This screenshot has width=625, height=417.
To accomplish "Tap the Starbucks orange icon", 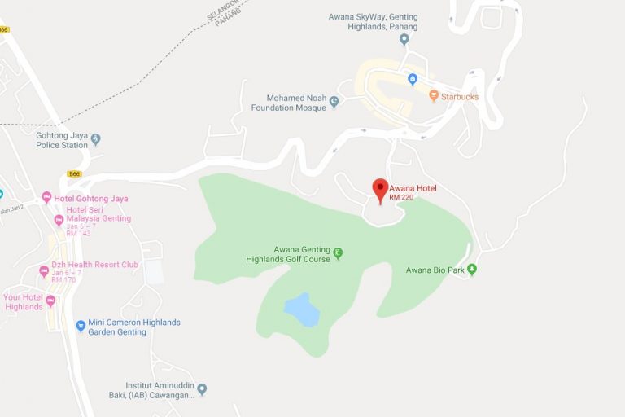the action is (434, 96).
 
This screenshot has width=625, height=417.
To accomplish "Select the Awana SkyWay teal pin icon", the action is (404, 38).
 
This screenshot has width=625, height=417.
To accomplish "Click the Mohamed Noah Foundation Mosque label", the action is (288, 103).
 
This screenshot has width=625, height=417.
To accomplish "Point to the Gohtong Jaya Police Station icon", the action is (95, 139).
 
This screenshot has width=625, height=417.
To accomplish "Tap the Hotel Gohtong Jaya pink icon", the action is (46, 198).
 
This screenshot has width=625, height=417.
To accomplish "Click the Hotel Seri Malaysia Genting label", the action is (98, 213).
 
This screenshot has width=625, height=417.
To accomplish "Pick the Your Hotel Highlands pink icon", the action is (50, 301).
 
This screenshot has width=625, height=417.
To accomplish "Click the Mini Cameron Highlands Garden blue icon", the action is (81, 326).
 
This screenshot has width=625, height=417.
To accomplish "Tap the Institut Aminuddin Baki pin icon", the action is (202, 389).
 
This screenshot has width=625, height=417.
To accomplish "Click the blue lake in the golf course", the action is (301, 309).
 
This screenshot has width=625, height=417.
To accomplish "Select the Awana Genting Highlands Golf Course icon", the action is (338, 253).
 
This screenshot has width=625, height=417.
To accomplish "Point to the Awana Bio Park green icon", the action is (471, 270).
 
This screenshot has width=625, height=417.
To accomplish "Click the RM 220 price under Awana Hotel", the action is (401, 197).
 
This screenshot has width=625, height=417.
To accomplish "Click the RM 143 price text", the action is (78, 234).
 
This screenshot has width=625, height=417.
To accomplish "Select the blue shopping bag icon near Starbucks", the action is (413, 79).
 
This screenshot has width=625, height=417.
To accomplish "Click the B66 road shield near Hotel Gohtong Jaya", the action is (75, 174).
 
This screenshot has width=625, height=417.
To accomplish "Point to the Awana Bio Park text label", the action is (435, 270).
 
